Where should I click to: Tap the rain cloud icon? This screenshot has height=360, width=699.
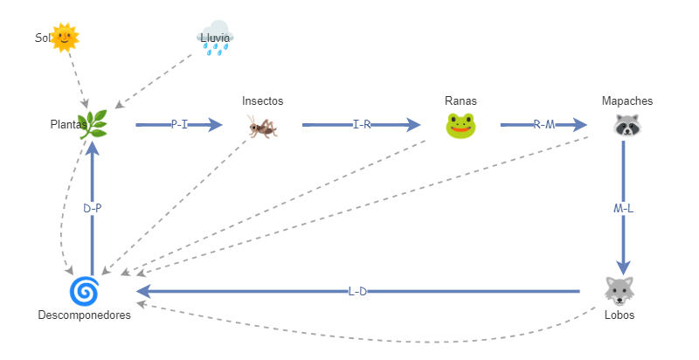coord(215,39)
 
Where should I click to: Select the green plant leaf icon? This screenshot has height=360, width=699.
coord(93,125)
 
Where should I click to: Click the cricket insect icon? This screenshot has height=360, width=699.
coord(262,127)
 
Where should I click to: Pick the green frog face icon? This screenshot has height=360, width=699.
coord(460,127)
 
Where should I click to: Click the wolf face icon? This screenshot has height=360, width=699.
coord(619,289)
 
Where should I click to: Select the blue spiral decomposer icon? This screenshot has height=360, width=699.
coord(84,289)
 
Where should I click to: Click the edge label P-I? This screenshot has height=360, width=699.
coord(179,125)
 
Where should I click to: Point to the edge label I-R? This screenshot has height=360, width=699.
coord(362,125)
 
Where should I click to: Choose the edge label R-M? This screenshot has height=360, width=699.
coord(543,125)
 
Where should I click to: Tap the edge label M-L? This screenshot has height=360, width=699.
coord(624,209)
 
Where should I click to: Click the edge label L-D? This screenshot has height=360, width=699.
coord(357,291)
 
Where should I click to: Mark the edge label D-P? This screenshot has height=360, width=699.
coord(93,209)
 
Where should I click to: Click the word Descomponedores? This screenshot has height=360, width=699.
coord(84,315)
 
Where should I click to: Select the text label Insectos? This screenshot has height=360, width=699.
coord(262,101)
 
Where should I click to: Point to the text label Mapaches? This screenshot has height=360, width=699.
coord(626,101)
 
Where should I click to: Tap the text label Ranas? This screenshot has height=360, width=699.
coord(460,101)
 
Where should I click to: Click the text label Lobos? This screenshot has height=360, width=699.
coord(619,315)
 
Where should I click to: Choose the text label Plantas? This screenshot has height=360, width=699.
coord(67,125)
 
